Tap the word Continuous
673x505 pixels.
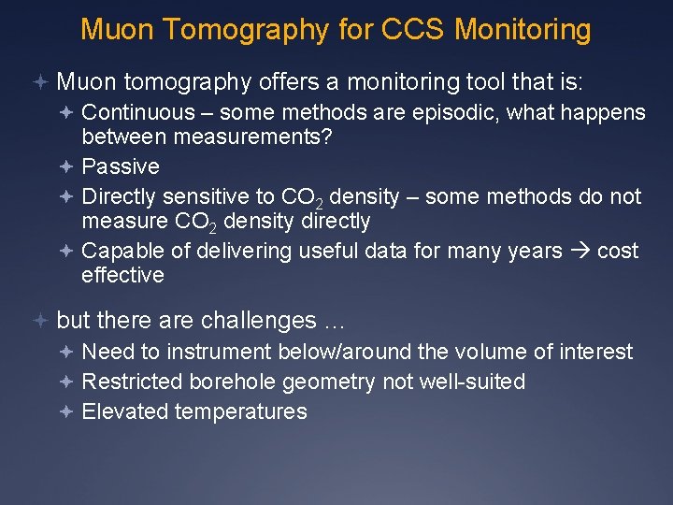[x=137, y=112]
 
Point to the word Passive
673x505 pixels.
[x=121, y=166]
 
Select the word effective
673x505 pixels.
[x=122, y=275]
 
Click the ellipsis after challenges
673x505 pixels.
[x=334, y=322]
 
